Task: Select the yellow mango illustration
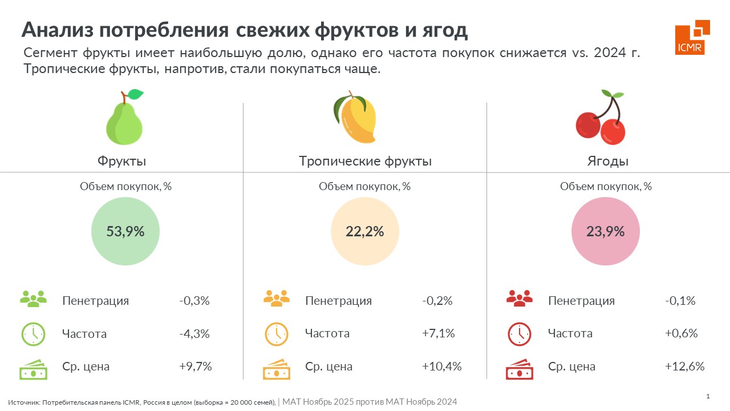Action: coord(355,118)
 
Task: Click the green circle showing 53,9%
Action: coord(125,231)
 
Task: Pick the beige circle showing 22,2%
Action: coord(365,231)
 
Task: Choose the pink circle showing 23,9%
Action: coord(606,231)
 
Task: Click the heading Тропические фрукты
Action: coord(365,161)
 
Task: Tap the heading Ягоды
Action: coord(608,161)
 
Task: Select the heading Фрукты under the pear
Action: coord(122,161)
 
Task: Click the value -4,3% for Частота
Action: coord(194,333)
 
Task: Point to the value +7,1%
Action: coord(438,333)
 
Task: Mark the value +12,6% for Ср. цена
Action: coord(684,366)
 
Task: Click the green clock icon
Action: coord(33,335)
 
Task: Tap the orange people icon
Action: coord(277,299)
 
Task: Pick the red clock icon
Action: coord(519,335)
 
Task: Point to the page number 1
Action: coord(708,396)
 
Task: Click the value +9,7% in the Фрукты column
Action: coord(196,366)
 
